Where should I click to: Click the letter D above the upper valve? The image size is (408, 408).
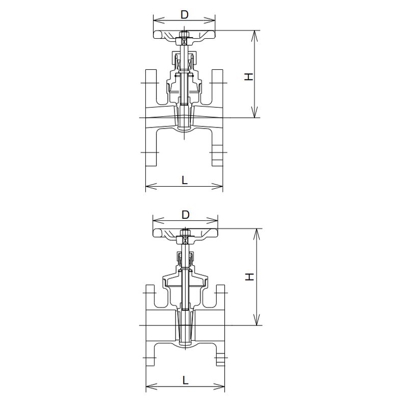click(x=185, y=15)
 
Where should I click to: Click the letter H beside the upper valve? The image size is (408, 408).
click(x=249, y=76)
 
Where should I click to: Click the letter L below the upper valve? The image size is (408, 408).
click(x=185, y=180)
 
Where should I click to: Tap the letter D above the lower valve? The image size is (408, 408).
click(x=185, y=215)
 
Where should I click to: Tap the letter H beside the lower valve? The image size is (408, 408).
click(x=249, y=276)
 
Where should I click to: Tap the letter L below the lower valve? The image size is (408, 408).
click(x=185, y=380)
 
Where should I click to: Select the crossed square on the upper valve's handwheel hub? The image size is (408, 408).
click(x=184, y=41)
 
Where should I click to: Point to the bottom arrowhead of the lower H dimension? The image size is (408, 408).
click(x=257, y=320)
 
